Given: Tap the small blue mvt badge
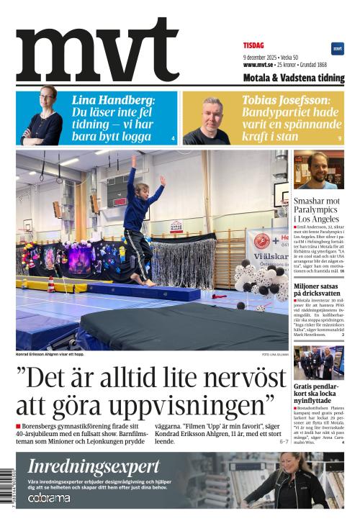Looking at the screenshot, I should pyautogui.click(x=337, y=48).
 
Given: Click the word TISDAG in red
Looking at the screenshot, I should pyautogui.click(x=253, y=45).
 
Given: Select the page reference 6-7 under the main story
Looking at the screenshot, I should pyautogui.click(x=284, y=441).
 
